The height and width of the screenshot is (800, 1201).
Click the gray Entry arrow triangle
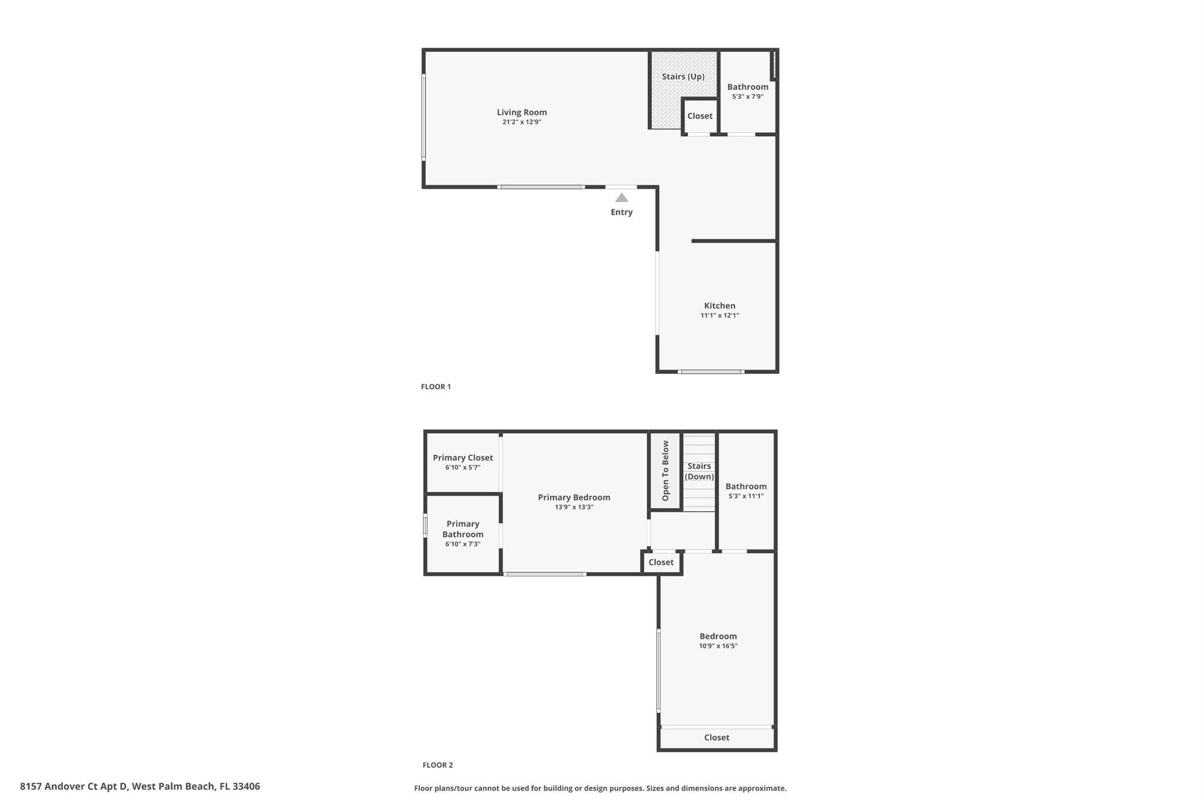(622, 198)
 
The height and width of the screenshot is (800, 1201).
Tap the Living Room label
(521, 112)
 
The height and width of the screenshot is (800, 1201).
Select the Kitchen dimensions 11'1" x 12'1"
(720, 315)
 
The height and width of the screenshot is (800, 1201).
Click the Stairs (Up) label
(683, 76)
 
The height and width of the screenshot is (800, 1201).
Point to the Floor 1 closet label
(700, 116)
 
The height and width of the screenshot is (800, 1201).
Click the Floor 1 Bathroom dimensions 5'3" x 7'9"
(748, 97)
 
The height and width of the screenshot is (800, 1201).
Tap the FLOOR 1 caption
(436, 387)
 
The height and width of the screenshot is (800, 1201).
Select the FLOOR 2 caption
(437, 765)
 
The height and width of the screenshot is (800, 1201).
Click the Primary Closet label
(463, 458)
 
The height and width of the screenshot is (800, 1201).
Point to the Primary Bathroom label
(463, 529)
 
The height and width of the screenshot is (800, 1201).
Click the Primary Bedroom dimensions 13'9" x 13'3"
(574, 507)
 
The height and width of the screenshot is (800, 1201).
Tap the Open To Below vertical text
(666, 471)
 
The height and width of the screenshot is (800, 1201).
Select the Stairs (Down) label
(699, 471)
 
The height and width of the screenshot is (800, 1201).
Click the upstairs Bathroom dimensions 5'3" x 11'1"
(746, 496)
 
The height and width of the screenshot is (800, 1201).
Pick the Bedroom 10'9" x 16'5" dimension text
(718, 646)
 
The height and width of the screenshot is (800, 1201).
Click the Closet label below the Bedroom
(717, 737)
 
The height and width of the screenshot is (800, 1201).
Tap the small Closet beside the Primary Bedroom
(661, 562)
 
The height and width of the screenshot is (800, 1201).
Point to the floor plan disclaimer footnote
(600, 788)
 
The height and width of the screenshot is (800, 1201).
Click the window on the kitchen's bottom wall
(711, 372)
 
